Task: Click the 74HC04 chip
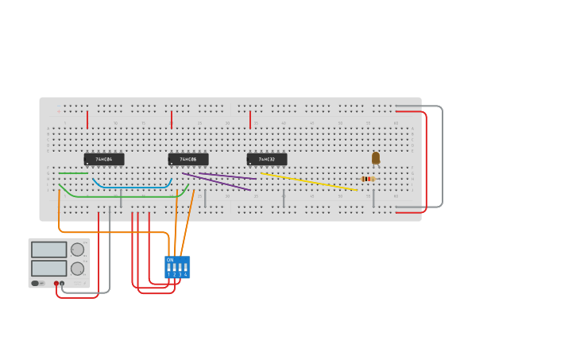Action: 104,159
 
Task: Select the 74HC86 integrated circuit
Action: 188,159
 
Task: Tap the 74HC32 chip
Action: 267,159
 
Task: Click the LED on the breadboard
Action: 376,158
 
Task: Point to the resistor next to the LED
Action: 368,179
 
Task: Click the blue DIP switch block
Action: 177,267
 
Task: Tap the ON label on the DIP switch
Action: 170,259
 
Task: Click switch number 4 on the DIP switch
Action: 185,267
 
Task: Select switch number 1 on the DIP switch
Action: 168,267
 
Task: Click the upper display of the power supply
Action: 49,250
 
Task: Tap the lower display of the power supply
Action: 49,269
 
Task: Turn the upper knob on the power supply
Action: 77,250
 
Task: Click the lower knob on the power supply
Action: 77,269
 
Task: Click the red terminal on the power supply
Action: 56,283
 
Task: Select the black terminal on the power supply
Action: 62,283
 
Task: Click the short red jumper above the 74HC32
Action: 250,119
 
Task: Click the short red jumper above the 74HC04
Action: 87,119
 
